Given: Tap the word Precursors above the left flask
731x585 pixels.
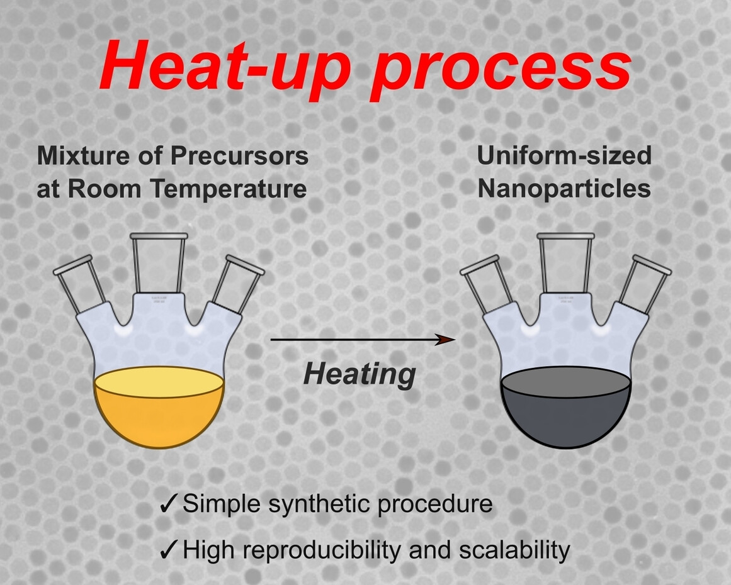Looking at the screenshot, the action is [x=239, y=155].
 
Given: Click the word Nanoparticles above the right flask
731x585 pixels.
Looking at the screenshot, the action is [x=564, y=189].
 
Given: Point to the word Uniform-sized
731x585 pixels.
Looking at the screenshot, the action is [x=564, y=155].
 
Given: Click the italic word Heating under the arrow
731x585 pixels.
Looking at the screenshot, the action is [x=360, y=374].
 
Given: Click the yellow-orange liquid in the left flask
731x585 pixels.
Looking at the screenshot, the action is [x=159, y=410].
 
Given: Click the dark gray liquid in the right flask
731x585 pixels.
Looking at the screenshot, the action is [x=566, y=410].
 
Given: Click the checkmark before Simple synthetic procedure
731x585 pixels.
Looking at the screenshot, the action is [x=168, y=504].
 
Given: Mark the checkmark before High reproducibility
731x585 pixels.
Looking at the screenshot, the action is [x=168, y=550].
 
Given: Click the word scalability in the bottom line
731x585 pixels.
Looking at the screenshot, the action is [x=514, y=551].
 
